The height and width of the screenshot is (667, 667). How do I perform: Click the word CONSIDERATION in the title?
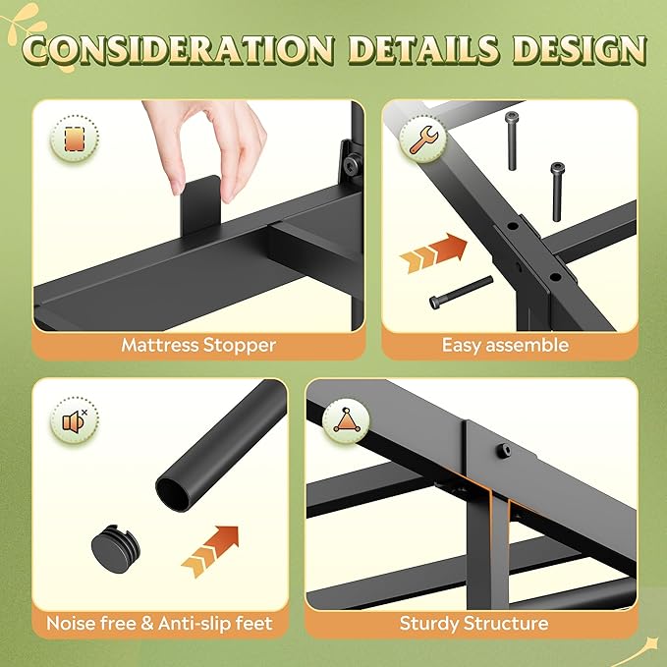tap(179, 49)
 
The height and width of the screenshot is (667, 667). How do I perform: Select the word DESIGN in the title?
tap(579, 49)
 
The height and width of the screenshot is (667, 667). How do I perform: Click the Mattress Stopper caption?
tap(198, 345)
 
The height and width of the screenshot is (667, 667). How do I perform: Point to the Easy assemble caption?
tap(505, 345)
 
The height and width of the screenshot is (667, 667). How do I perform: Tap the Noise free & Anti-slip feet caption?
tap(159, 623)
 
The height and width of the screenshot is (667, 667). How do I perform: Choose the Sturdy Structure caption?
tap(473, 623)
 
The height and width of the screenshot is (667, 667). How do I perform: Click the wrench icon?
tap(422, 139)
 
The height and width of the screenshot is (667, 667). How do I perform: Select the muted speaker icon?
tap(75, 421)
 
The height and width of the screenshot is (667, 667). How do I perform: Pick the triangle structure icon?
tap(346, 421)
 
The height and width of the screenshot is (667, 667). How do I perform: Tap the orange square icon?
tap(75, 139)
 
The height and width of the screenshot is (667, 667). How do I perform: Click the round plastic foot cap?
tap(115, 548)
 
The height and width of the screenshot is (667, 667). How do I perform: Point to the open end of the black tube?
tap(172, 493)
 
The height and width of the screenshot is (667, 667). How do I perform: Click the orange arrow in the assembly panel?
tap(433, 252)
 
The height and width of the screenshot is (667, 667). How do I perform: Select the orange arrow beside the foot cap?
tap(210, 552)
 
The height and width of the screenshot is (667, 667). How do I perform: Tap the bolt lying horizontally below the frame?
tap(461, 292)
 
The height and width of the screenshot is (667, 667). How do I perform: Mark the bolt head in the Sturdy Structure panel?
tap(504, 450)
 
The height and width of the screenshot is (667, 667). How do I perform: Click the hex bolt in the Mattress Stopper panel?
tap(353, 162)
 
